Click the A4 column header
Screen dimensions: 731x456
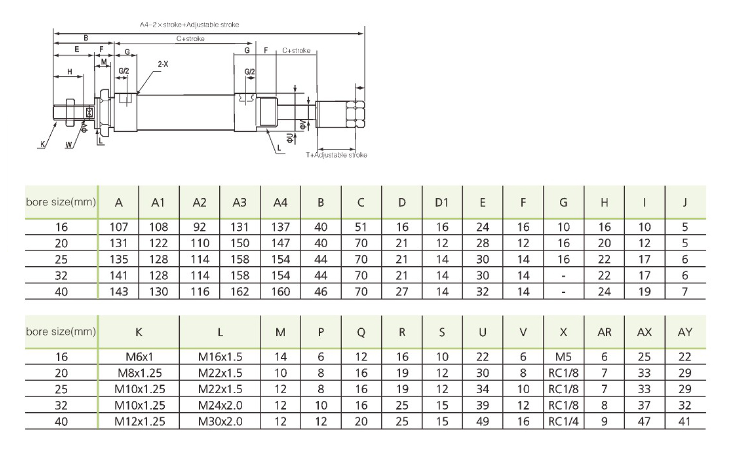pos(280,202)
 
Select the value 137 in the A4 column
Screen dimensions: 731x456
pos(280,227)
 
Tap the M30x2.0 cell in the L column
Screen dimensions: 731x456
pos(220,421)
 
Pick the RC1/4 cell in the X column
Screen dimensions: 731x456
pos(563,421)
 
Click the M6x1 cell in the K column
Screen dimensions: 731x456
pos(139,357)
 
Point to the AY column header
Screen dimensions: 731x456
pos(685,332)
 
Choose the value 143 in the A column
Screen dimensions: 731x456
pos(118,292)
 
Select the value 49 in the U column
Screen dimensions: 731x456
pos(482,421)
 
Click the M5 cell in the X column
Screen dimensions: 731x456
pos(563,357)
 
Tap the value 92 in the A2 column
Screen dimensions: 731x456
pos(199,227)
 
